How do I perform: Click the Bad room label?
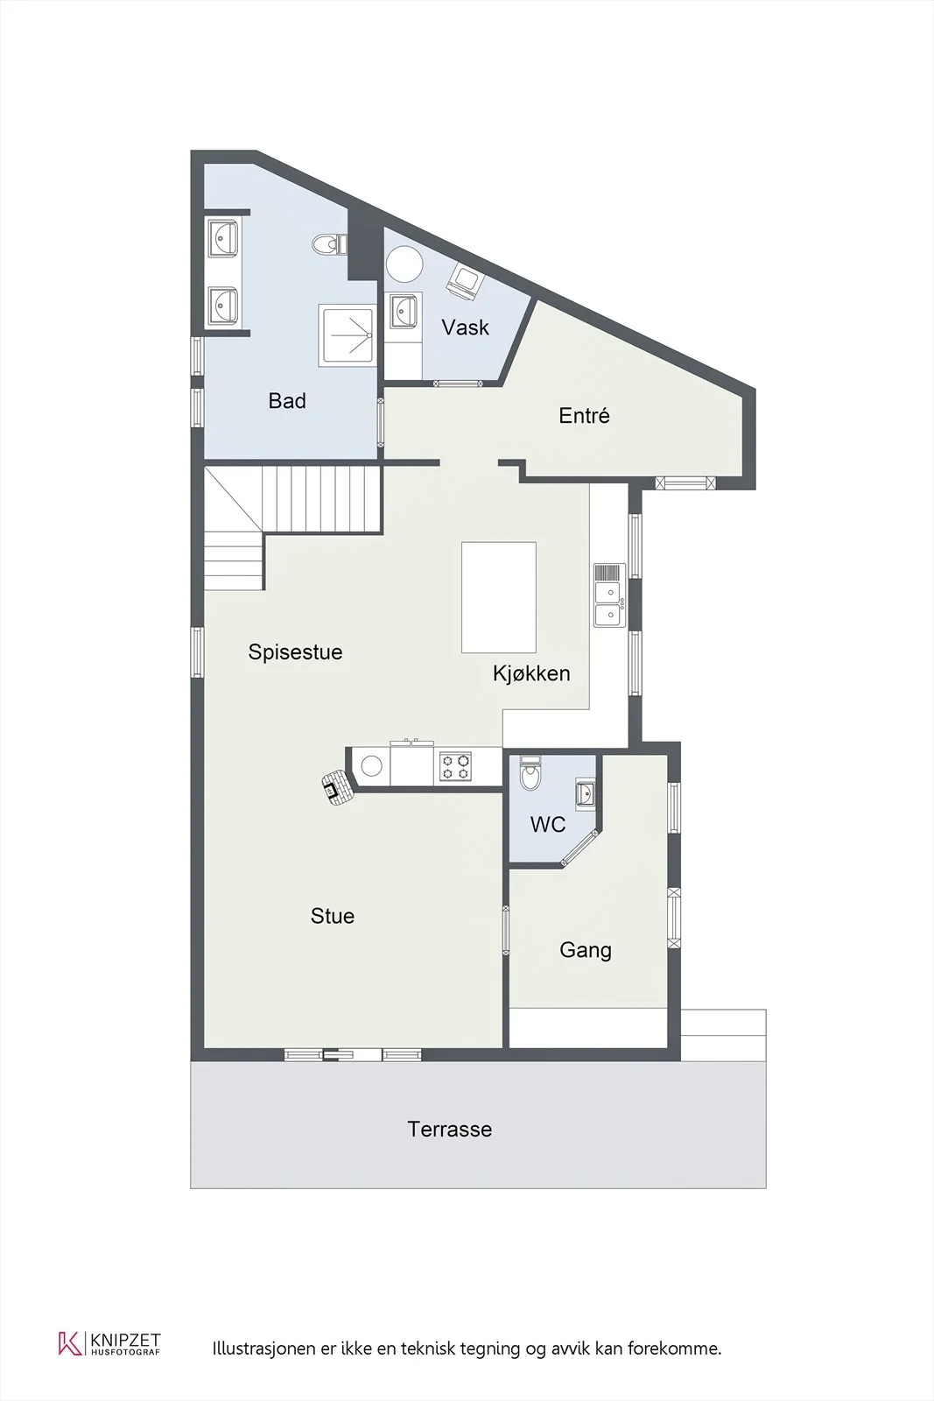point(287,401)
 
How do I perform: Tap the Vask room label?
point(465,327)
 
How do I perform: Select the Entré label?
point(584,415)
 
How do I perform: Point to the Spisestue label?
point(295,652)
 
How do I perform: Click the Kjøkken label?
point(531,673)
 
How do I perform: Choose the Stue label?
point(333,916)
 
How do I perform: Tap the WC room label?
point(548,824)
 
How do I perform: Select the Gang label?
point(585,951)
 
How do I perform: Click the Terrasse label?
point(450,1130)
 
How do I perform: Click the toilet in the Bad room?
point(329,244)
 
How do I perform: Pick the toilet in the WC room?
point(530,774)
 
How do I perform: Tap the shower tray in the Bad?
point(347,335)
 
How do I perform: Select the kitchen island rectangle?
point(499,597)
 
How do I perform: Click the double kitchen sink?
point(609,595)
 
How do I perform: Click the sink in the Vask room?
point(404,310)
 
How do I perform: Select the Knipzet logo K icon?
point(69,1343)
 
